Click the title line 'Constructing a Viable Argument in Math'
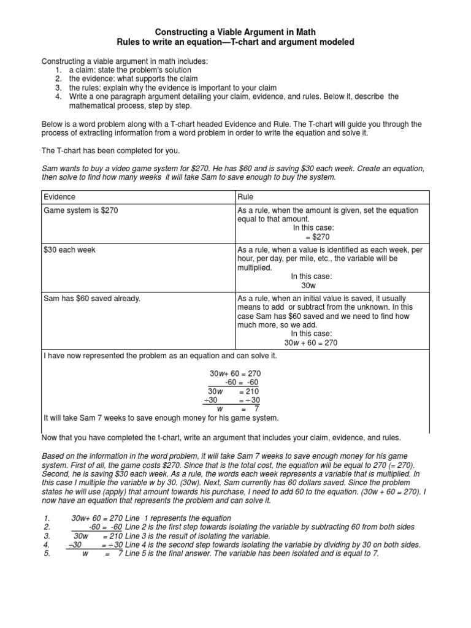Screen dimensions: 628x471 click(x=235, y=30)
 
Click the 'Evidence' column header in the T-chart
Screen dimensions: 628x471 click(x=59, y=197)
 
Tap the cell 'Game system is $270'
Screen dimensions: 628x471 click(x=81, y=210)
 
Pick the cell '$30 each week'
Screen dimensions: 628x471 click(x=69, y=250)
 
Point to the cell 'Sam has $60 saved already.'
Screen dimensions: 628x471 click(x=92, y=298)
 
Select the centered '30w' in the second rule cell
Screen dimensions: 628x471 click(x=308, y=285)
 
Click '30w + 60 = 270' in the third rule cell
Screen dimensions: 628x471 click(x=311, y=343)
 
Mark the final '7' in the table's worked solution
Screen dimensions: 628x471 click(x=257, y=408)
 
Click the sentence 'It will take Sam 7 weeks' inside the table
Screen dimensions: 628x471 click(x=161, y=418)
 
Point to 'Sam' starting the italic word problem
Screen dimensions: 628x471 click(x=48, y=168)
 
